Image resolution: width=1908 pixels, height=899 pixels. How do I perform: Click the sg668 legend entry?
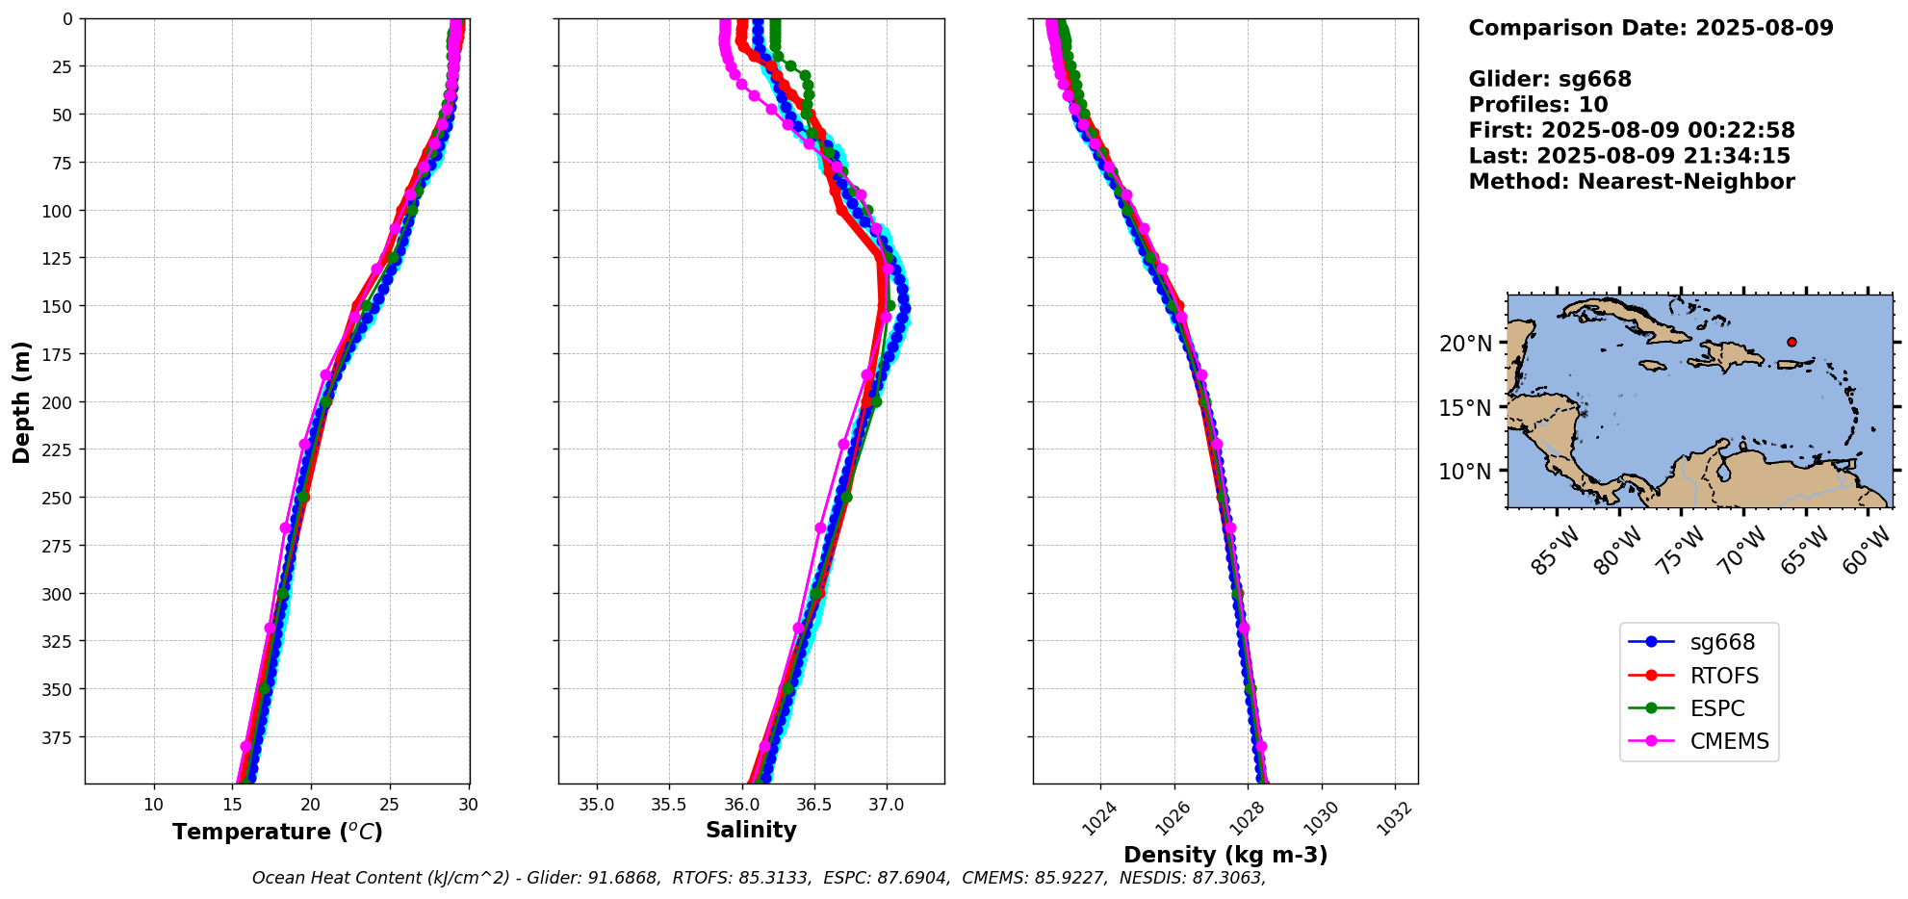pos(1700,642)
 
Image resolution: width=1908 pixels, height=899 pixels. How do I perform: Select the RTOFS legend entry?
pos(1700,676)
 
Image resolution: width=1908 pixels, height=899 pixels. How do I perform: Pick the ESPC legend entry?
pos(1700,708)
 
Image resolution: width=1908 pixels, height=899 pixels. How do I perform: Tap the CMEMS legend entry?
pos(1700,741)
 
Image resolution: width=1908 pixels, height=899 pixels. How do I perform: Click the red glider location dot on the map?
pos(1792,342)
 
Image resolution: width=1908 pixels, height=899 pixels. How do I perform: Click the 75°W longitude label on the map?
pos(1681,552)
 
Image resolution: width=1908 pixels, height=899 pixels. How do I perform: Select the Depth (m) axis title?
pos(21,401)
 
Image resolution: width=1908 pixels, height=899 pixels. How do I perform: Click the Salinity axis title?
pos(751,831)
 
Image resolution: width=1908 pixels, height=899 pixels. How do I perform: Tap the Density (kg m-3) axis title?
pos(1225,855)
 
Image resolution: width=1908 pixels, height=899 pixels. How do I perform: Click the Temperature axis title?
pos(277,832)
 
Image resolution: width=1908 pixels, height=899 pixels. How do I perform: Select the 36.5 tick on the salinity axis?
pos(813,805)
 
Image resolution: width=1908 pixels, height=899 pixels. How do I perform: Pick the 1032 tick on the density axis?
pos(1393,818)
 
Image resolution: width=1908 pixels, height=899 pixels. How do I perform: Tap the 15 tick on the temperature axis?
pos(232,805)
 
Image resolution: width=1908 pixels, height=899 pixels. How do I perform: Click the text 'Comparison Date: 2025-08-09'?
pos(1650,28)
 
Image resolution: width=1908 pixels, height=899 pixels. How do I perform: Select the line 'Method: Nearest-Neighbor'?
pos(1631,182)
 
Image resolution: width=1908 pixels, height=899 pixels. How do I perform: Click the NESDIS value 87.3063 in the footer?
pos(1227,878)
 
